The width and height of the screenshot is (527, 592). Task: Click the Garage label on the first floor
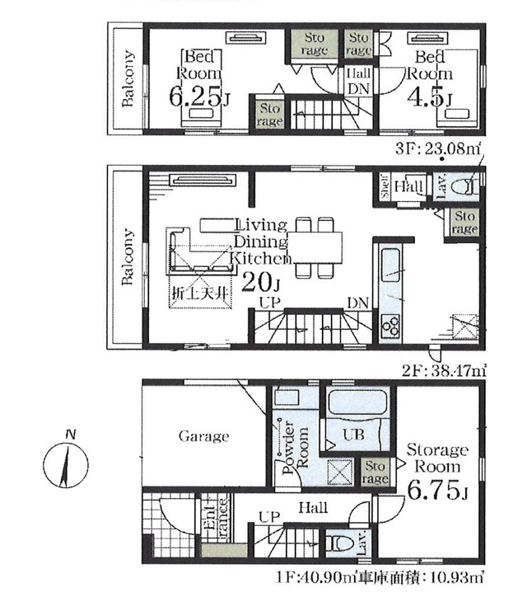point(203,436)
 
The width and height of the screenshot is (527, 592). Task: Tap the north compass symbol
point(66,463)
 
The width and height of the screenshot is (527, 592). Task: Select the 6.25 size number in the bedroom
point(194,96)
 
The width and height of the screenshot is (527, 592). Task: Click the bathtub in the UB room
point(357,403)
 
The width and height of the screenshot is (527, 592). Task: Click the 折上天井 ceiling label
point(200,293)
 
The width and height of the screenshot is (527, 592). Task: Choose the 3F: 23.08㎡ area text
point(438,148)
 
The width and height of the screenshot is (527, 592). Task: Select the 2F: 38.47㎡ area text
point(443,371)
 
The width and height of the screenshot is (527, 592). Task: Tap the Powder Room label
point(295,449)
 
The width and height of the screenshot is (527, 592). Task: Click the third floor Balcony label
point(128,78)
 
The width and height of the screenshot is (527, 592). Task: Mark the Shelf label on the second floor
point(385,186)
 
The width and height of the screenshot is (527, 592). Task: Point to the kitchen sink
point(390,265)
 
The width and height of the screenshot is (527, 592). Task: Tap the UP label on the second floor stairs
point(270,303)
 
